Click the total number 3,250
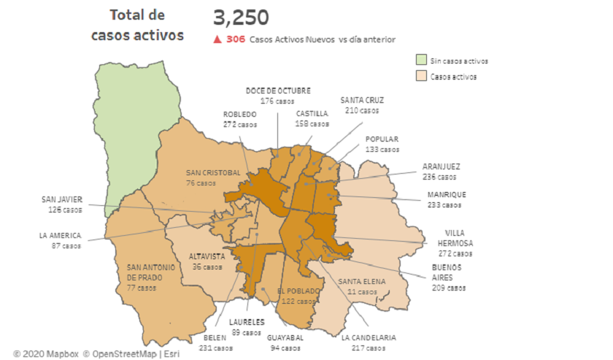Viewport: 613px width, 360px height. tap(241, 18)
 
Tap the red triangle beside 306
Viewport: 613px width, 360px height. tap(217, 39)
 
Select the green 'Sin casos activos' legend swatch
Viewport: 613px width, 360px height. tap(421, 61)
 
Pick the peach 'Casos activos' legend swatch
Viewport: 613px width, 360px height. tap(421, 76)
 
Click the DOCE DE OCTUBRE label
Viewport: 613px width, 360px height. tap(277, 91)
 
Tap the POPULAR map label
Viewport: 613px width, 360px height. tap(382, 139)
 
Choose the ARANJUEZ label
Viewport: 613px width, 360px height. tap(441, 166)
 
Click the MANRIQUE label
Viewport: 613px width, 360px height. tap(446, 195)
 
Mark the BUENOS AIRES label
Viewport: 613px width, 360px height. tap(447, 272)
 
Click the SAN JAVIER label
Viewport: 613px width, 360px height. tap(61, 199)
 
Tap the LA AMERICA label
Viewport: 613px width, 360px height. tap(60, 235)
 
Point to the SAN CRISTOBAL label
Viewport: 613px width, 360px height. tap(213, 172)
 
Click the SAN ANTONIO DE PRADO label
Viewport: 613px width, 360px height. tap(151, 272)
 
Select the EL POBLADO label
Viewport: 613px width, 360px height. tap(298, 291)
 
